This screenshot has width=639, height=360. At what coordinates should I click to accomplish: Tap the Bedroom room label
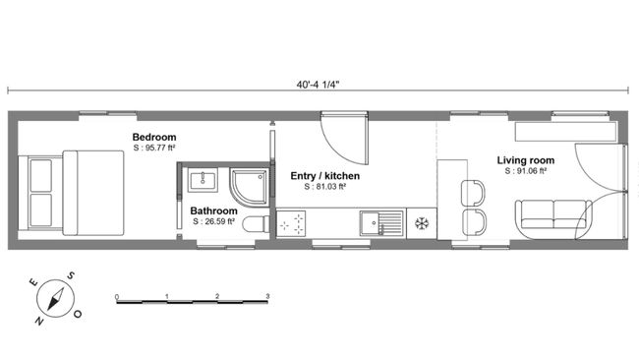pyautogui.click(x=154, y=137)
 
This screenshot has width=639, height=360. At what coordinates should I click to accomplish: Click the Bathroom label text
pyautogui.click(x=213, y=210)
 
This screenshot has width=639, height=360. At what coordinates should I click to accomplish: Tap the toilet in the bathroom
pyautogui.click(x=255, y=224)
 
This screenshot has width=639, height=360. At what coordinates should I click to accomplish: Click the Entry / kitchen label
pyautogui.click(x=324, y=176)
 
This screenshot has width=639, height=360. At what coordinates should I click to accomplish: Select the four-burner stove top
pyautogui.click(x=292, y=225)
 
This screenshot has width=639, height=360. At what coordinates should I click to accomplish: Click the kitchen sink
pyautogui.click(x=378, y=223)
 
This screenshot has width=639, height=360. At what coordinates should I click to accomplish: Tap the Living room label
pyautogui.click(x=525, y=160)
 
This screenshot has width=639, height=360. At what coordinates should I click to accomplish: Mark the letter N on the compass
pyautogui.click(x=39, y=320)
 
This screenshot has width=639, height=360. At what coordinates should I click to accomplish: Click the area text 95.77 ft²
pyautogui.click(x=157, y=148)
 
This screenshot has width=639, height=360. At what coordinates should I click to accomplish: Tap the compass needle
pyautogui.click(x=56, y=298)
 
